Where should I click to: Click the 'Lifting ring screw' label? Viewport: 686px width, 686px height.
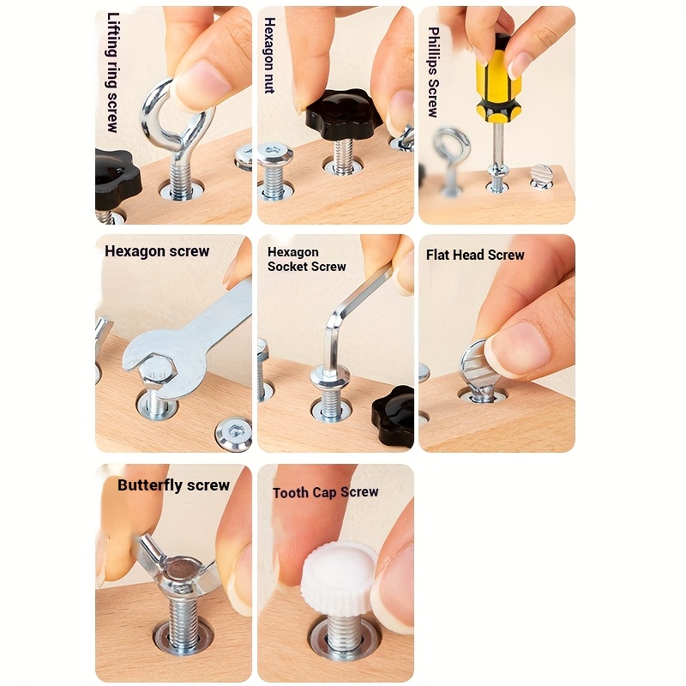pos(113,72)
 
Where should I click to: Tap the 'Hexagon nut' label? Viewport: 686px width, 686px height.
pos(269,55)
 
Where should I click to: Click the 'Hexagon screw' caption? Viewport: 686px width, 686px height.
pos(157,251)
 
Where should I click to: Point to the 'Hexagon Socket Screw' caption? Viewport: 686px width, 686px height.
pos(306,259)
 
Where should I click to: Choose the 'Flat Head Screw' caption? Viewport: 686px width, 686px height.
pos(475,255)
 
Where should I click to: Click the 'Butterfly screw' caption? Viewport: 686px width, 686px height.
pos(173,485)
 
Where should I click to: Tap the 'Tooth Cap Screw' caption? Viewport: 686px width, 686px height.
pos(325,492)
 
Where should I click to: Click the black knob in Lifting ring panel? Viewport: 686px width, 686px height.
pos(115,177)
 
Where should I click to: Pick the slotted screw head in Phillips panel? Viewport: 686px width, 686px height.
pos(540,176)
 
